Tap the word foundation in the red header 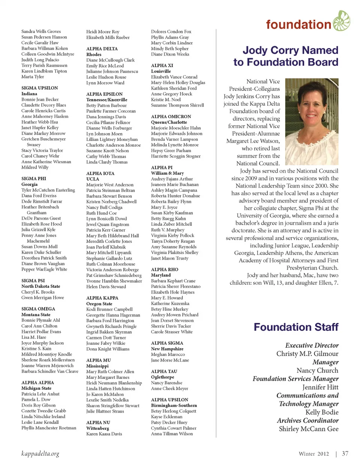point(298,25)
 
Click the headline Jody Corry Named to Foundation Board point(286,56)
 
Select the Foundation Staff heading point(296,327)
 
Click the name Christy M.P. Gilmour point(307,354)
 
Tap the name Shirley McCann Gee point(309,429)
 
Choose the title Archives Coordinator point(307,420)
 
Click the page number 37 point(345,453)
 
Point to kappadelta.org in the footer point(40,453)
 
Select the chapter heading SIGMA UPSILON point(40,88)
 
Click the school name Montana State point(36,315)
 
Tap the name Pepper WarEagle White point(44,269)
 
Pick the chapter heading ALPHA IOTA point(100,173)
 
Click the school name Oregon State point(99,304)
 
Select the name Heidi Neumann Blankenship point(114,383)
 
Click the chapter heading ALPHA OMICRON point(171,117)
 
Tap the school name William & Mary point(167,173)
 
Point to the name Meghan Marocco point(168,354)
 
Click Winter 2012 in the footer point(313,454)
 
